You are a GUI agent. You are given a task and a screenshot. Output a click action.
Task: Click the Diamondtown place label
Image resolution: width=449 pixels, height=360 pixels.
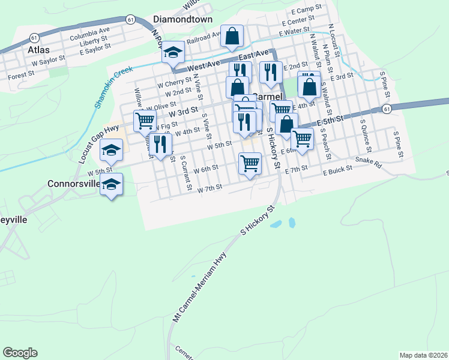click(183, 19)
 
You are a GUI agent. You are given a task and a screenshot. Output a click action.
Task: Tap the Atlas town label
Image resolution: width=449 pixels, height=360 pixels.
click(38, 50)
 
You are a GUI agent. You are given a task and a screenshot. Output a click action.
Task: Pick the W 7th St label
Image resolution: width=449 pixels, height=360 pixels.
click(210, 188)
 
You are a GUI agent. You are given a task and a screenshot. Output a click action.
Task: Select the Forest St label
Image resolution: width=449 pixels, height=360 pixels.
click(20, 76)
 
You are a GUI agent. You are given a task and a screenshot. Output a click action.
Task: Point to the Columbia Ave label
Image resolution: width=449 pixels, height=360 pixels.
click(89, 30)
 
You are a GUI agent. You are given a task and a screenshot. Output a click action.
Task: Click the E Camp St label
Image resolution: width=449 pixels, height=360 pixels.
click(305, 10)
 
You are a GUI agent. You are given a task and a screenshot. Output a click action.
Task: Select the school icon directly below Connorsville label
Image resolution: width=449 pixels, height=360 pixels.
click(112, 185)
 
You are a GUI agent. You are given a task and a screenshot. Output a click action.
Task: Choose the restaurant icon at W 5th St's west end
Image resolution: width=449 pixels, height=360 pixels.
click(160, 143)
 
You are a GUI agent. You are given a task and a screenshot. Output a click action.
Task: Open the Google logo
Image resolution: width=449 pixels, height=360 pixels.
click(20, 353)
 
